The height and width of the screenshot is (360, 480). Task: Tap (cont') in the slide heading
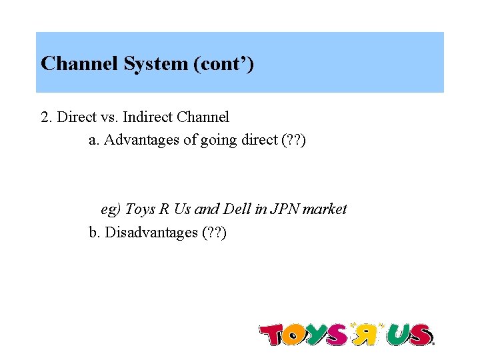(x=223, y=64)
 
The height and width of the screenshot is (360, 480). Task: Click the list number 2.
(x=45, y=117)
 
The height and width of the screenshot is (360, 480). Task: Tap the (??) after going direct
(x=293, y=141)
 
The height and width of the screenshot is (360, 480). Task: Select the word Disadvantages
(x=151, y=233)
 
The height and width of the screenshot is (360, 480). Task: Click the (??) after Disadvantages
(x=213, y=233)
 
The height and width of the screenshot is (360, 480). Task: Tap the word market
(x=325, y=209)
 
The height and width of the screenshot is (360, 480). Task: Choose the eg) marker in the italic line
(x=111, y=209)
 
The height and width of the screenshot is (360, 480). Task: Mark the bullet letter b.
(x=93, y=233)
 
